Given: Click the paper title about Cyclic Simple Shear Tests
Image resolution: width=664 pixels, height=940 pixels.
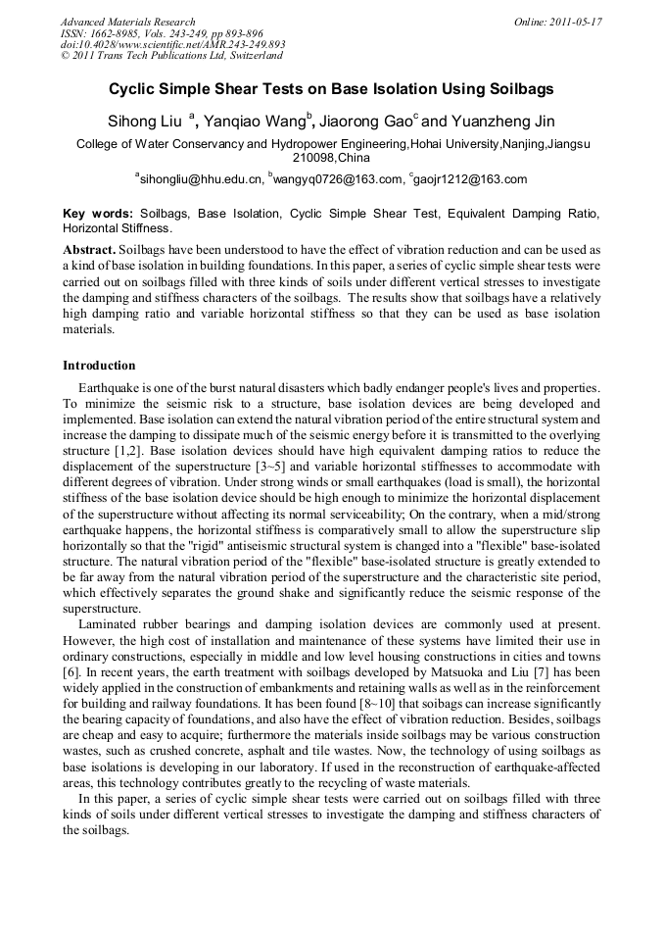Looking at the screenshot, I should (331, 89).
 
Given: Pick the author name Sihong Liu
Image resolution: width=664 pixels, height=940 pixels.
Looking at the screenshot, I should (145, 122).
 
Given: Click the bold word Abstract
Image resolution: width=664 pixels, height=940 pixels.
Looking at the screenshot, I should (89, 249).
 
